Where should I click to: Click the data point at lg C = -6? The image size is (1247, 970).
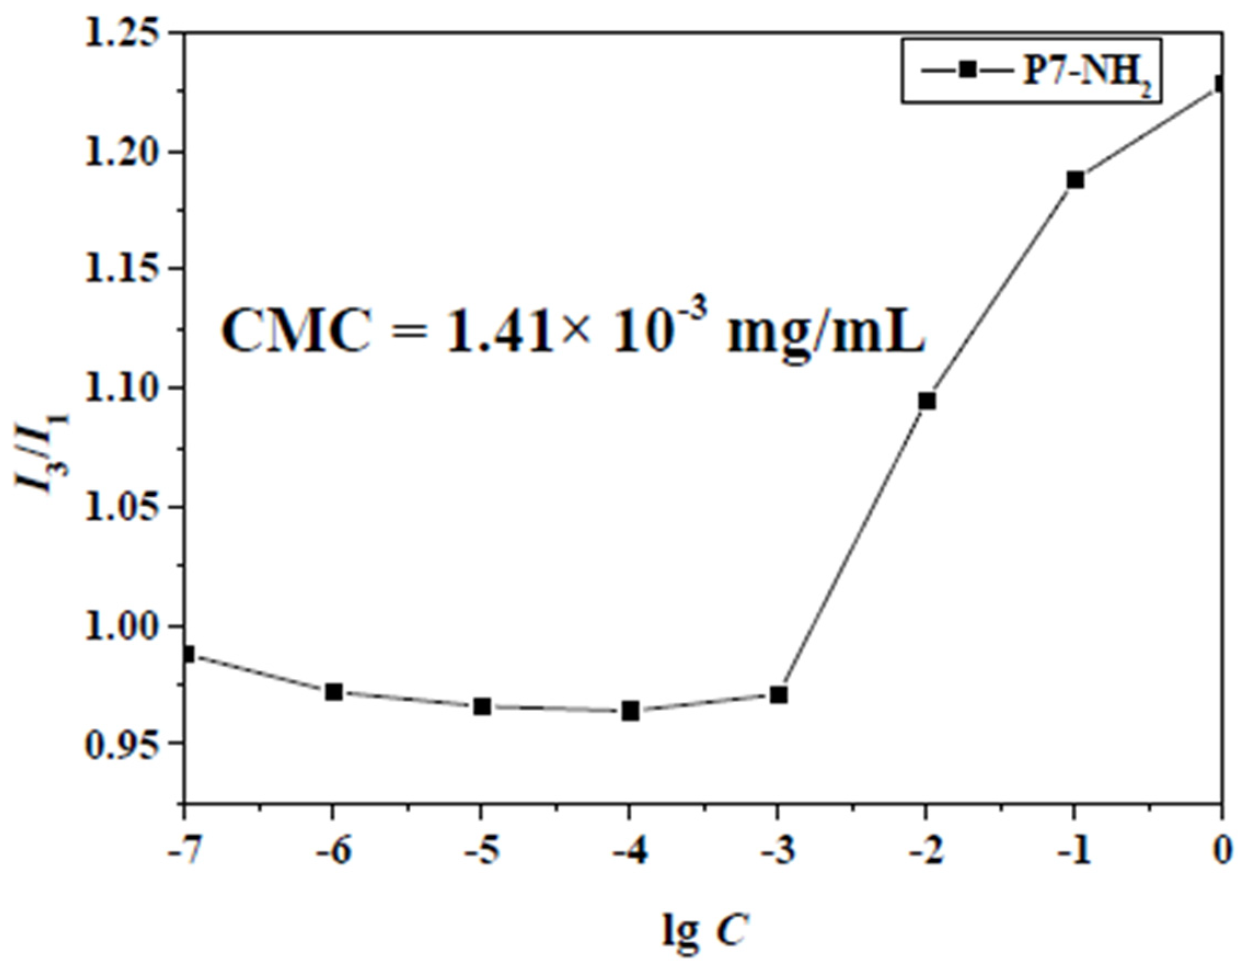coord(333,692)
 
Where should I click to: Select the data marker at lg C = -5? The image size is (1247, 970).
coord(482,707)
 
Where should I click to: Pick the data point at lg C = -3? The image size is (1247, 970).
coord(778,695)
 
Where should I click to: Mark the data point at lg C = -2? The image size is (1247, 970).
coord(927,401)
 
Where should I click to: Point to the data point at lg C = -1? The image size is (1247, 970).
coord(1075,180)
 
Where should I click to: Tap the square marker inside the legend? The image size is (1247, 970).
coord(967,70)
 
